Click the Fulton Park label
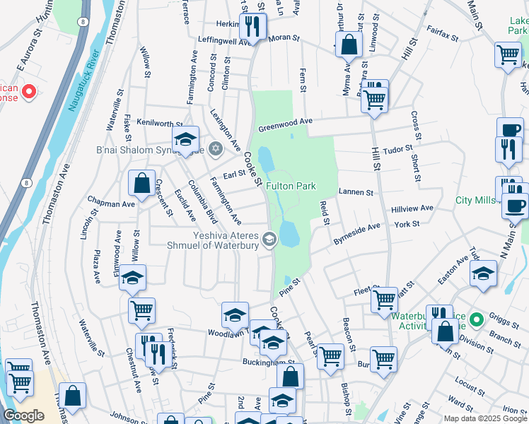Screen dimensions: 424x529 pyautogui.click(x=291, y=186)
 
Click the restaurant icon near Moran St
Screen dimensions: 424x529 pyautogui.click(x=251, y=26)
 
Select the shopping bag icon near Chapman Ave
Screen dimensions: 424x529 pyautogui.click(x=141, y=183)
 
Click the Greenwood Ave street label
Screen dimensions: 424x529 pyautogui.click(x=285, y=125)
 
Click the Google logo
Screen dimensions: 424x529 pyautogui.click(x=23, y=416)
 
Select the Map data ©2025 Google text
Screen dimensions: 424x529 pyautogui.click(x=485, y=418)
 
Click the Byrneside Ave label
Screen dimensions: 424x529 pyautogui.click(x=357, y=234)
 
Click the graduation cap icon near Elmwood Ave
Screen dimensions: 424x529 pyautogui.click(x=132, y=278)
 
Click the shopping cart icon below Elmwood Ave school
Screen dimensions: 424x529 pyautogui.click(x=141, y=310)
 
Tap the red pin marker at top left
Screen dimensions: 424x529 pyautogui.click(x=28, y=91)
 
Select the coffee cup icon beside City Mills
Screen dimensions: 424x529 pyautogui.click(x=515, y=206)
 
